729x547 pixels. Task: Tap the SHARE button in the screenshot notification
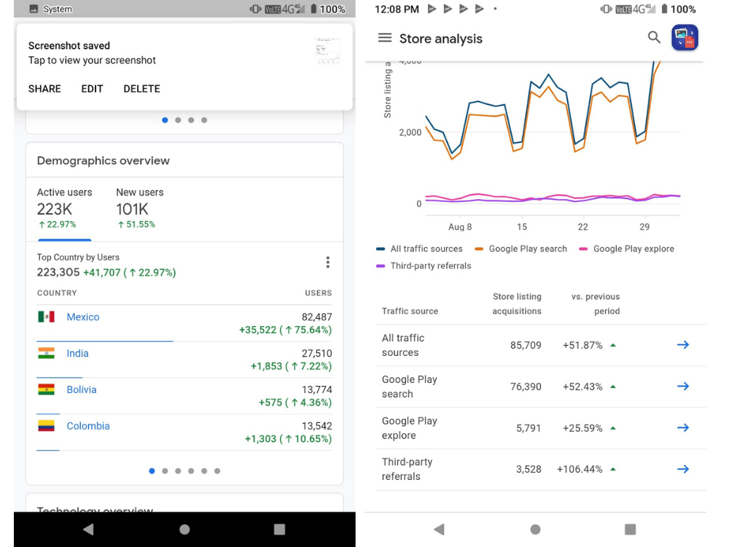[44, 89]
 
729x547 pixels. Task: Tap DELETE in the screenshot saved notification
[142, 89]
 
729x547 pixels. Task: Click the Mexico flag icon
[46, 317]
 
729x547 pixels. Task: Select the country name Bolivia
[82, 389]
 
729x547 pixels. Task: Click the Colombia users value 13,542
[316, 426]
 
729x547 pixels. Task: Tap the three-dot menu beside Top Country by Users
[328, 263]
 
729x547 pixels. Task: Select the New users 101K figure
[132, 209]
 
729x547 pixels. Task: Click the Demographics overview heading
[104, 161]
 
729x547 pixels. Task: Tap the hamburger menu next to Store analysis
[384, 38]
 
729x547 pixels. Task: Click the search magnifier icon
[654, 37]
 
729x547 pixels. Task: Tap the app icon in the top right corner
[685, 38]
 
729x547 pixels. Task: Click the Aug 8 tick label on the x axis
[460, 227]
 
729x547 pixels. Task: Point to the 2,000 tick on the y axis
[410, 133]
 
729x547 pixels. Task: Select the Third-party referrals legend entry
[424, 266]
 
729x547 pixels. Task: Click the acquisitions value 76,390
[526, 387]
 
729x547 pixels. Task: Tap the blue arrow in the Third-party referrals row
[683, 469]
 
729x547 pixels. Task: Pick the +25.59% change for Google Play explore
[582, 428]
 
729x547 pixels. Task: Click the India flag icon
[46, 353]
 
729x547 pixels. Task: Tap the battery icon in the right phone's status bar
[664, 9]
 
